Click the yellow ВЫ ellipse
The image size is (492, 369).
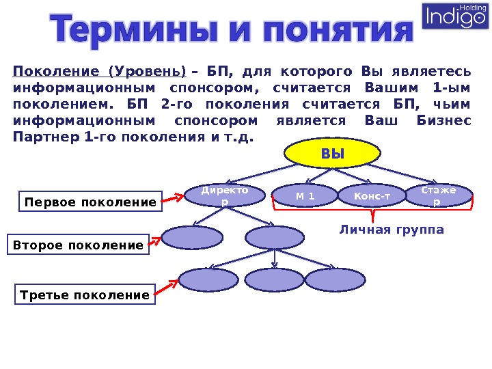[333, 154]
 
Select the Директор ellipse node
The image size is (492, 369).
[225, 196]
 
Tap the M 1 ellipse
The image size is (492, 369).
[305, 197]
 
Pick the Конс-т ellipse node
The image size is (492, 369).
[371, 197]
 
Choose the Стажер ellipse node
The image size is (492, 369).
[440, 195]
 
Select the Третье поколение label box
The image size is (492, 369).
[85, 295]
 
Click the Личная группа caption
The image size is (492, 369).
[391, 230]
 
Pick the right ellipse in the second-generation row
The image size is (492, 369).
[274, 238]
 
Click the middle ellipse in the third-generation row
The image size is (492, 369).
[274, 279]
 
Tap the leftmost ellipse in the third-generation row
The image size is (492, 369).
[208, 279]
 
